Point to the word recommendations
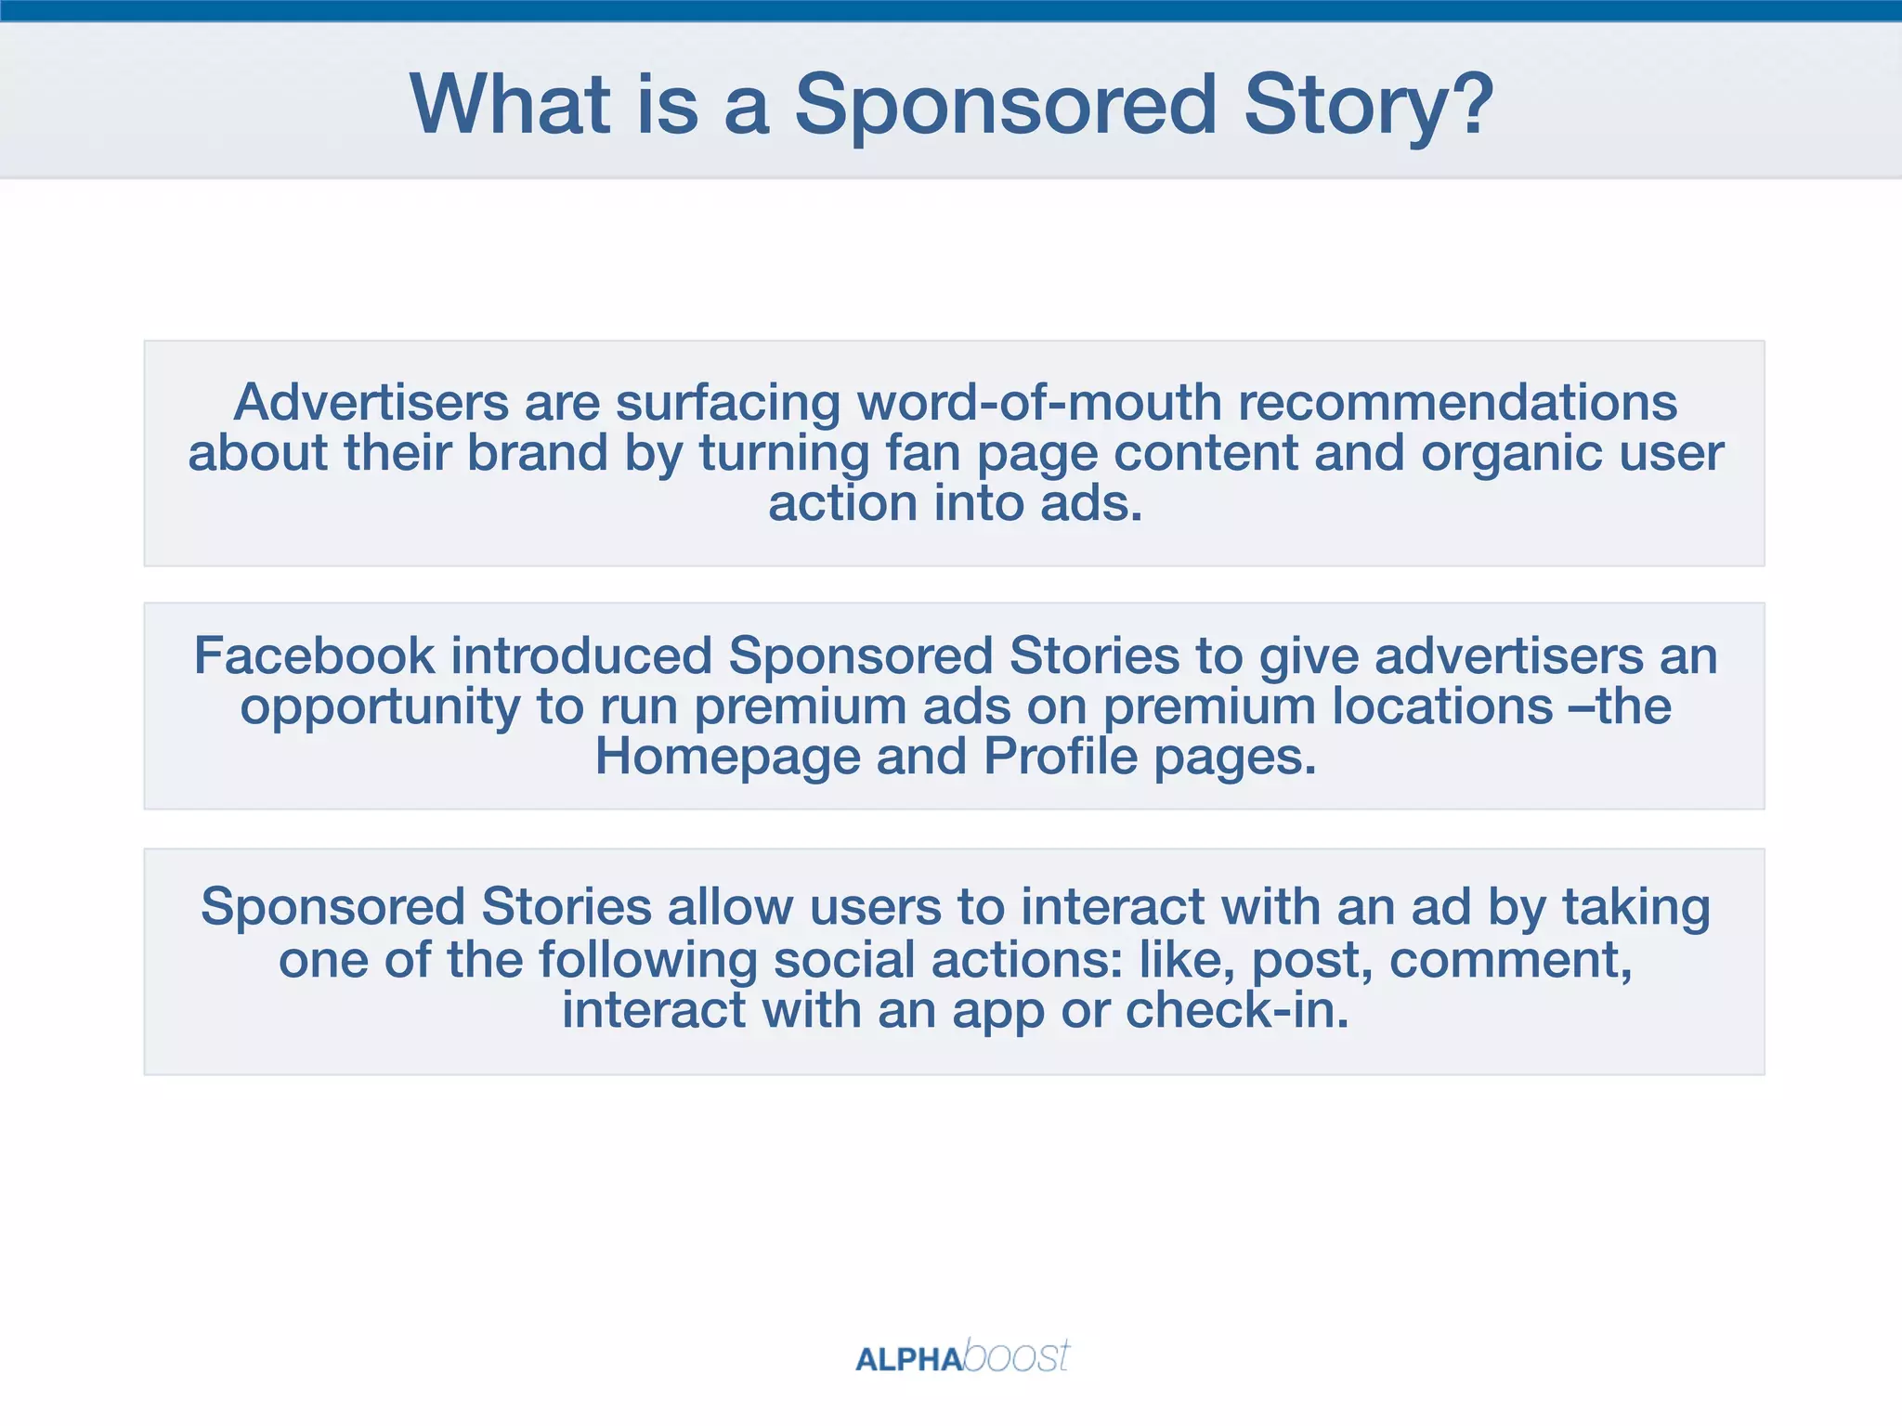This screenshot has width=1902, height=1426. click(x=1457, y=402)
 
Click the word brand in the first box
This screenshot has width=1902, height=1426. click(x=536, y=453)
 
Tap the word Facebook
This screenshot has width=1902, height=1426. click(x=314, y=655)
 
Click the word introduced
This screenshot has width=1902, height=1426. click(x=581, y=655)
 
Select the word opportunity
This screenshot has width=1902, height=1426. click(x=380, y=707)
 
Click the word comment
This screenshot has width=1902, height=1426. click(x=1509, y=961)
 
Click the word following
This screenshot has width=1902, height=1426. click(x=647, y=961)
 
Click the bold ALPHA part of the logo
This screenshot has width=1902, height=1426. click(x=908, y=1360)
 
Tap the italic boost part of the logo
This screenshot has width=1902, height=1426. click(x=1016, y=1356)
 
